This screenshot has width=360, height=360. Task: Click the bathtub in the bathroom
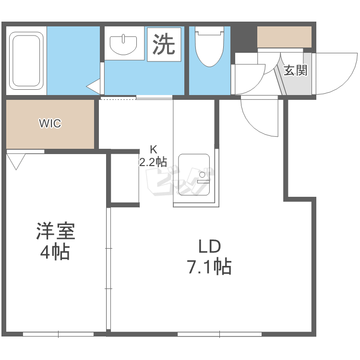pos(26,61)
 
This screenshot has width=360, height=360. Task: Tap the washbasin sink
pos(123,45)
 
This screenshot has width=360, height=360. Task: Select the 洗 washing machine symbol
pos(164,44)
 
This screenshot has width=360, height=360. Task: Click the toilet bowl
pos(209,47)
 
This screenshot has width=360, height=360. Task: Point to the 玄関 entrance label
pos(296,71)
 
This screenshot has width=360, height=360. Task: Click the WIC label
pos(50,123)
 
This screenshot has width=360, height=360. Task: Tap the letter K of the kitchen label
pos(154,150)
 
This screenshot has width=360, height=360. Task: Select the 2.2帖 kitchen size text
pos(153,162)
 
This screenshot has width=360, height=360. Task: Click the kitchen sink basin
pos(194,175)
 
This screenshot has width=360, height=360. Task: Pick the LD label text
pos(209,246)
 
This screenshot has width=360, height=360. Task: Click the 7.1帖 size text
pos(210,267)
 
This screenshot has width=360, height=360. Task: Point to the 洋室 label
pos(56,231)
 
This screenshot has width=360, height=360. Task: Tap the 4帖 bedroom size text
pos(55,252)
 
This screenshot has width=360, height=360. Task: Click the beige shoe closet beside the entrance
pos(284,37)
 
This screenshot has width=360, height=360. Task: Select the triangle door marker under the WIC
pos(16,162)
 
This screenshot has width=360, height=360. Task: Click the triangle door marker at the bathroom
pos(93,86)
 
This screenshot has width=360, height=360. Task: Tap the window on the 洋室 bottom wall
pos(58,334)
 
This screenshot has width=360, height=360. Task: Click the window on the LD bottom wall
pos(220,334)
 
